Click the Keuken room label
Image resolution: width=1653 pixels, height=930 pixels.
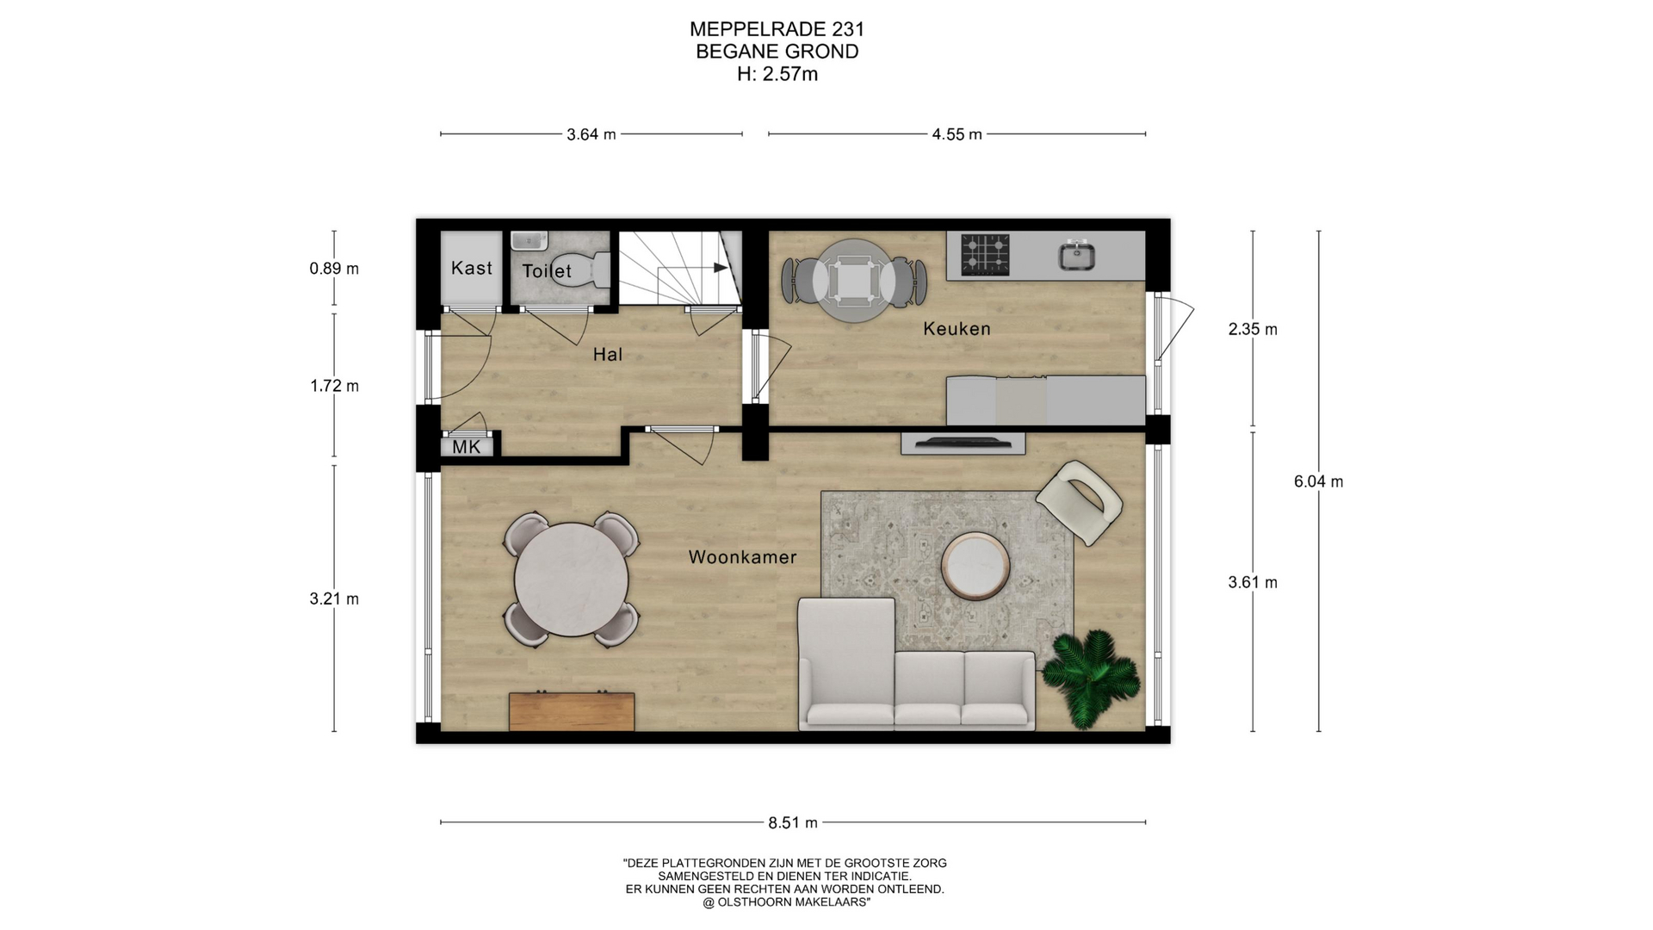coord(957,328)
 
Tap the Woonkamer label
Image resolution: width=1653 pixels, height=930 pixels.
coord(742,557)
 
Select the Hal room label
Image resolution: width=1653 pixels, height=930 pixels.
coord(607,354)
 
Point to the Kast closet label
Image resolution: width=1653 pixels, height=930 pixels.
coord(472,268)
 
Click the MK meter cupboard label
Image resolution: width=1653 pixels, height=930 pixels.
coord(467,447)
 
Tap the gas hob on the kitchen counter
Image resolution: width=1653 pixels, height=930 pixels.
coord(986,254)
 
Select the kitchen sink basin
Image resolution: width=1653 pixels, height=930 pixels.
coord(1077,255)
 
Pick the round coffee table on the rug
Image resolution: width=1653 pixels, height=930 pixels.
coord(975,565)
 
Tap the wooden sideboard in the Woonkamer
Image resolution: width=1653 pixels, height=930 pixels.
coord(572,711)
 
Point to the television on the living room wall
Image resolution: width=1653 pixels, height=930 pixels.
coord(963,443)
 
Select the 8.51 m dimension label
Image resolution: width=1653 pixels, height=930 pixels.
coord(793,822)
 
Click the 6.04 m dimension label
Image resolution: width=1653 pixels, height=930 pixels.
coord(1318,481)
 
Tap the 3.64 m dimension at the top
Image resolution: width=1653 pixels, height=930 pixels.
coord(591,134)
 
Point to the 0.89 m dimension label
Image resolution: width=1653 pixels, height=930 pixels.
coord(334,269)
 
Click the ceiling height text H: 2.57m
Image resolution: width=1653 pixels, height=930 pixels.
coord(777,74)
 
